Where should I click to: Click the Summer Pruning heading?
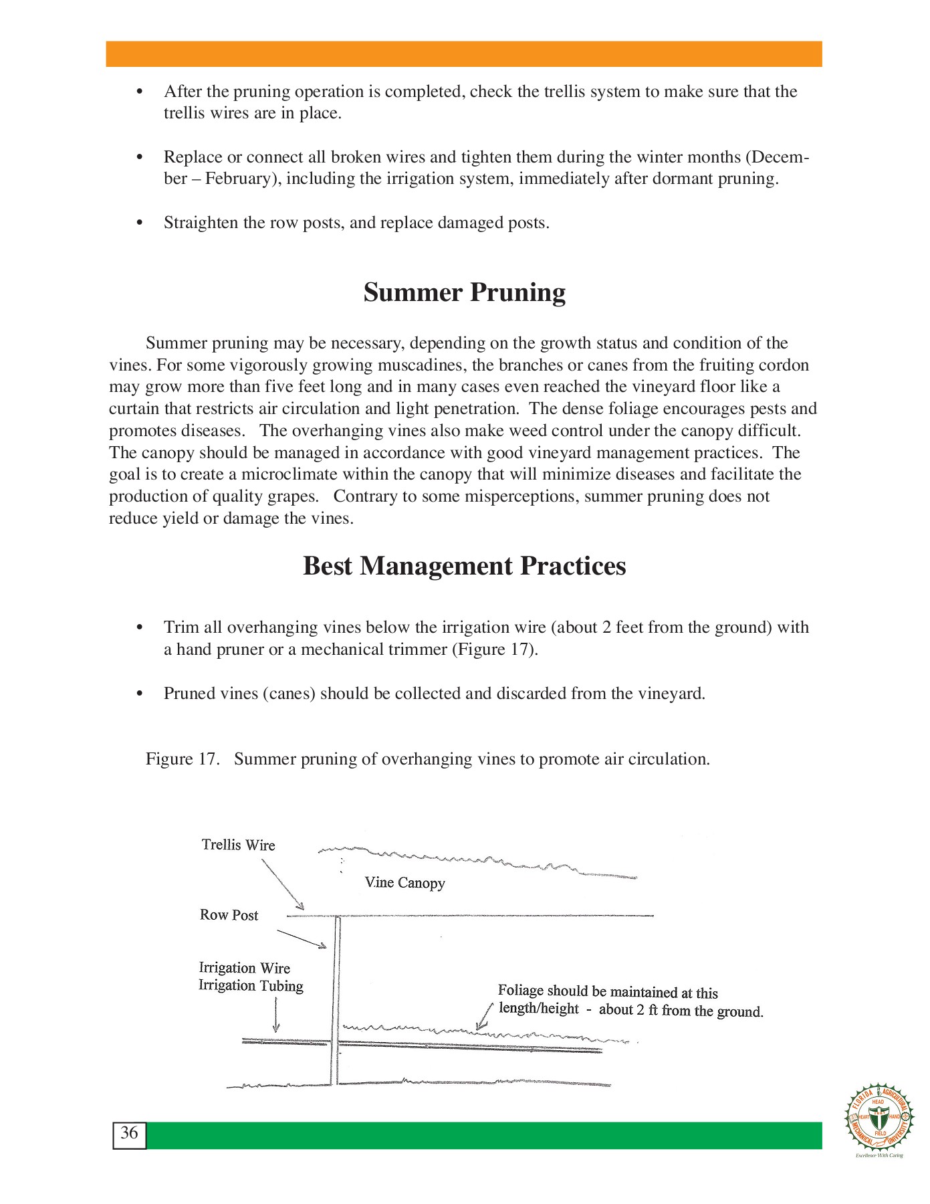coord(464,293)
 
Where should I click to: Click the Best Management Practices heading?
coord(464,567)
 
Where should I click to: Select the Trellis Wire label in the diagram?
coord(238,845)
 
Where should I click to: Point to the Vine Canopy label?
coord(404,883)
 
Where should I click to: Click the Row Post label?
coord(229,915)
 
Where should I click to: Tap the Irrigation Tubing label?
coord(251,986)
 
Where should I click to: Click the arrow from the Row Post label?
coord(302,939)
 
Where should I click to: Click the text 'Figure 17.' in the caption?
coord(182,760)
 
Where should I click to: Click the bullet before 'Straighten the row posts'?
coord(140,223)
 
